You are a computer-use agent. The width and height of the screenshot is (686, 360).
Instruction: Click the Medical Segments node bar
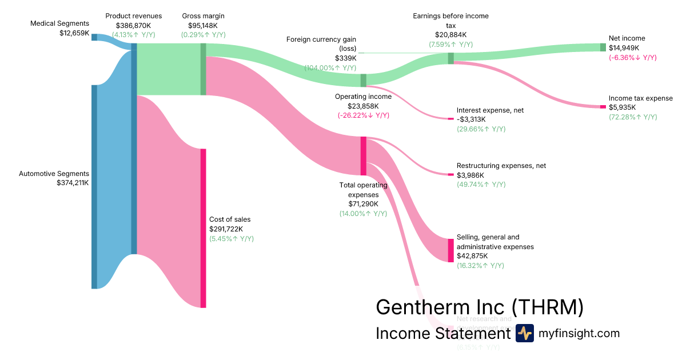coord(94,37)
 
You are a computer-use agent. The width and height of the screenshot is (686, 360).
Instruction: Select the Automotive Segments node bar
coord(94,187)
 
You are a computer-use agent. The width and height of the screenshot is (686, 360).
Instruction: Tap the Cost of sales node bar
coord(203,228)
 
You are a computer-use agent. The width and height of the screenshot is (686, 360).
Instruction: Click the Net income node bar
coord(603,47)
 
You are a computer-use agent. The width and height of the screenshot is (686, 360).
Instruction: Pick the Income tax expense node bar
coord(603,107)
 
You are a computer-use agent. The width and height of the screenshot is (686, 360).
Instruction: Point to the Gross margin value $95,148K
coord(203,25)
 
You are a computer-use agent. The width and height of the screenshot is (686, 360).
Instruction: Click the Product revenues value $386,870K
coord(134,25)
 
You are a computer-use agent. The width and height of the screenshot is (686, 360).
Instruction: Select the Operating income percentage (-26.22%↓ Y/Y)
coord(363,115)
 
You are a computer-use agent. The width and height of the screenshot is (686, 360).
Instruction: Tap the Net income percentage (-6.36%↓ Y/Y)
coord(633,58)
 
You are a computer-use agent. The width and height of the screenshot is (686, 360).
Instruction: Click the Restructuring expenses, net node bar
coord(450,174)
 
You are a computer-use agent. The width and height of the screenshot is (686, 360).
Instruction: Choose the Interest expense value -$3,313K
coord(471,119)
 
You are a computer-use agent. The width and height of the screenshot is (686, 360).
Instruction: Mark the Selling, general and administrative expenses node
coord(450,250)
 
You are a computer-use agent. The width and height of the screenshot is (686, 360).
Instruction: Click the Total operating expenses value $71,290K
coord(363,204)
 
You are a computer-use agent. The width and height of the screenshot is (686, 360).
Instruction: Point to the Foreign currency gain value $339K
coord(346,58)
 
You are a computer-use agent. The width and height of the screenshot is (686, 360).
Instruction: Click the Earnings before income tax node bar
coord(450,58)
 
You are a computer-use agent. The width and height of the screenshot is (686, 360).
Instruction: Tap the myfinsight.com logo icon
coord(524,333)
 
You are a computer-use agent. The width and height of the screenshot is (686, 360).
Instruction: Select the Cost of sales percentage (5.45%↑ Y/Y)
coord(232,239)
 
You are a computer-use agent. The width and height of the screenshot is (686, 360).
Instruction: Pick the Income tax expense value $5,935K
coord(622,107)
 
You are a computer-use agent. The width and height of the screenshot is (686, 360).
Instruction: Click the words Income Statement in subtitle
coord(442,334)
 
